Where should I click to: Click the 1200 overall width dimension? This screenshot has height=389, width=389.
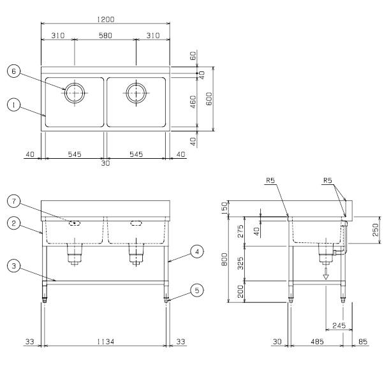[x=105, y=19]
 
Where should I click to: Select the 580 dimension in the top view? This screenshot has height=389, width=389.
[x=105, y=36]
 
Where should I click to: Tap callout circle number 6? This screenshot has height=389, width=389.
[x=13, y=71]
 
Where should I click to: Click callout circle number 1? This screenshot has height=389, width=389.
[x=13, y=105]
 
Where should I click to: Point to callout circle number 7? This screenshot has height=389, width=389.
[x=13, y=202]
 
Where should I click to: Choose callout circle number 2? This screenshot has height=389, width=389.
[x=13, y=223]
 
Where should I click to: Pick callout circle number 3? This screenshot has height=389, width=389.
[x=13, y=266]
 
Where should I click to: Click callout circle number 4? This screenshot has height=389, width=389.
[x=197, y=251]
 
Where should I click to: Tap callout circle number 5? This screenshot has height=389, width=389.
[x=197, y=290]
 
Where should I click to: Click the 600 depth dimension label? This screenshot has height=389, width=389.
[x=209, y=99]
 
